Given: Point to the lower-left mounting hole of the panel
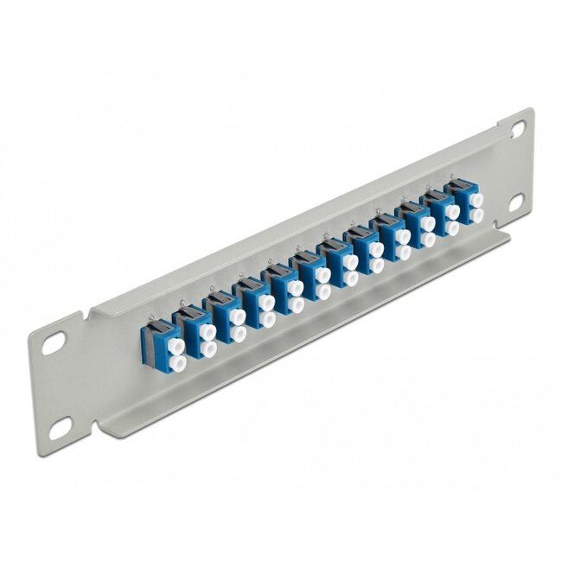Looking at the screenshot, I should (x=61, y=425).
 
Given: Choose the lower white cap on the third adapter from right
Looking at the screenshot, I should (x=428, y=239).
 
